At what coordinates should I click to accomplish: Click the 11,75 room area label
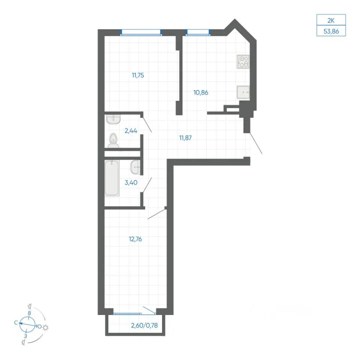tap(138, 75)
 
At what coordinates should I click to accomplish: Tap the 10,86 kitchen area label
tap(201, 93)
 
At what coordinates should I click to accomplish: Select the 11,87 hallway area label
tap(185, 138)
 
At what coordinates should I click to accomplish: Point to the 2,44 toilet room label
tap(130, 130)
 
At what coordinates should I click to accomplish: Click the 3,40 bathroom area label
tap(131, 183)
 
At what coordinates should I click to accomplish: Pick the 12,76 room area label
tap(135, 239)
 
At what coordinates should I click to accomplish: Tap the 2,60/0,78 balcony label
tap(144, 325)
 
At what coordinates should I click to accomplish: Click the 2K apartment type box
tap(331, 20)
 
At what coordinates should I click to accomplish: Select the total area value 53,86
tap(331, 31)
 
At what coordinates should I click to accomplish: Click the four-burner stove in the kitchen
tap(243, 62)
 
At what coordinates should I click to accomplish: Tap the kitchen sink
tap(243, 92)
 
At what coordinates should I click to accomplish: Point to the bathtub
tap(112, 178)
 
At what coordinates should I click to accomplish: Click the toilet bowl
tap(113, 141)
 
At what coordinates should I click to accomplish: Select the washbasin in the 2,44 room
tap(113, 119)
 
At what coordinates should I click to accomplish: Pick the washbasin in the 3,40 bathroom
tap(135, 167)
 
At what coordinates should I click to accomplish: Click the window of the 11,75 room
tap(141, 32)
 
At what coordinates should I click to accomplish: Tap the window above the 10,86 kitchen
tap(198, 32)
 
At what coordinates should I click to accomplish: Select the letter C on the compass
tap(16, 322)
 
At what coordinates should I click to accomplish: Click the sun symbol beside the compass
tap(45, 328)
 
